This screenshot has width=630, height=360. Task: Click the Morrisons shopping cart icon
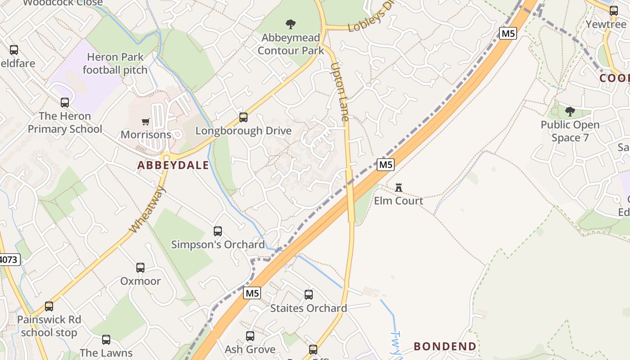[145, 121]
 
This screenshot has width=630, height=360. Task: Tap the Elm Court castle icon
[398, 187]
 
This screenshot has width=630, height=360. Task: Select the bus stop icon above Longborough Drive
[243, 117]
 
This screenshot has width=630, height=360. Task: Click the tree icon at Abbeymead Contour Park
[291, 24]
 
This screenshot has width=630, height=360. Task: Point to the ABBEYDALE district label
[173, 165]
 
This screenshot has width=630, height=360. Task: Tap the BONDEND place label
[445, 346]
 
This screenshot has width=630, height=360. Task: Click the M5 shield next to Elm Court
[386, 165]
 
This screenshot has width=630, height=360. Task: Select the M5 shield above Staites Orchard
[252, 293]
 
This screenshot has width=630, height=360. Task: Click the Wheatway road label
[147, 209]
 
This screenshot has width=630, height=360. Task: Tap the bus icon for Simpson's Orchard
[218, 231]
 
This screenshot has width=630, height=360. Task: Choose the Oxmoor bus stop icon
[140, 268]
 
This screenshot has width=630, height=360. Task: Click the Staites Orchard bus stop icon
[309, 295]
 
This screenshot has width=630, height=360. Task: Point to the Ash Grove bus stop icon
[250, 336]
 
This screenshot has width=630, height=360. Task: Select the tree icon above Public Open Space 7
[570, 112]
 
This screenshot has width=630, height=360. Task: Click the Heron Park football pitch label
[115, 63]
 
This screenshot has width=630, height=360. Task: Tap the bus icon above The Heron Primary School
[65, 103]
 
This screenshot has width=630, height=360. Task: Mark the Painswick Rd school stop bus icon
[49, 306]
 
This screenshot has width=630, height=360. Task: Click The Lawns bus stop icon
[106, 340]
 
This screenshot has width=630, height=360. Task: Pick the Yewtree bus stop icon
[614, 11]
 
